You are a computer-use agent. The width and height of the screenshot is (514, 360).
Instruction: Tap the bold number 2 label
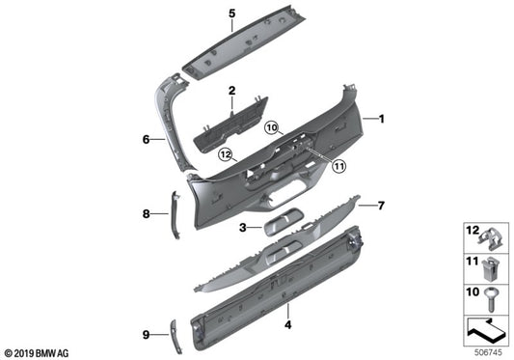pos(231,90)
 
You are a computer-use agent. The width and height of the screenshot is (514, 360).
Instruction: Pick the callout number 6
pos(147,140)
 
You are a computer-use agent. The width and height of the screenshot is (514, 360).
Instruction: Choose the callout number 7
pos(381,205)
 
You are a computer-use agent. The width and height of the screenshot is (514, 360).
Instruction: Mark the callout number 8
pos(148,213)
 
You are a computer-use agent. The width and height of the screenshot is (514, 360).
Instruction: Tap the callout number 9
pos(146,335)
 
